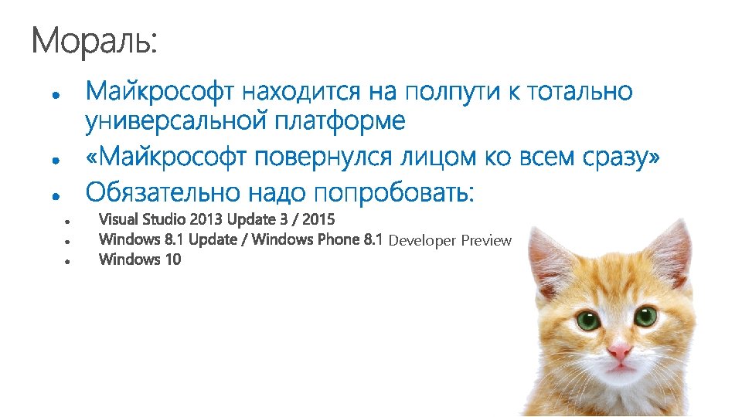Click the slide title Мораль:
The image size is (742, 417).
coord(94,42)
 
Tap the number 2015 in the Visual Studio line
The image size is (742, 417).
coord(318,220)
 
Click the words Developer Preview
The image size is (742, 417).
coord(450,240)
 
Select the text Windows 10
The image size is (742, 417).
coord(141,259)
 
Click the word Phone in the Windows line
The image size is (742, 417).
coord(339,239)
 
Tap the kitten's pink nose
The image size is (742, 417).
coord(618,351)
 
